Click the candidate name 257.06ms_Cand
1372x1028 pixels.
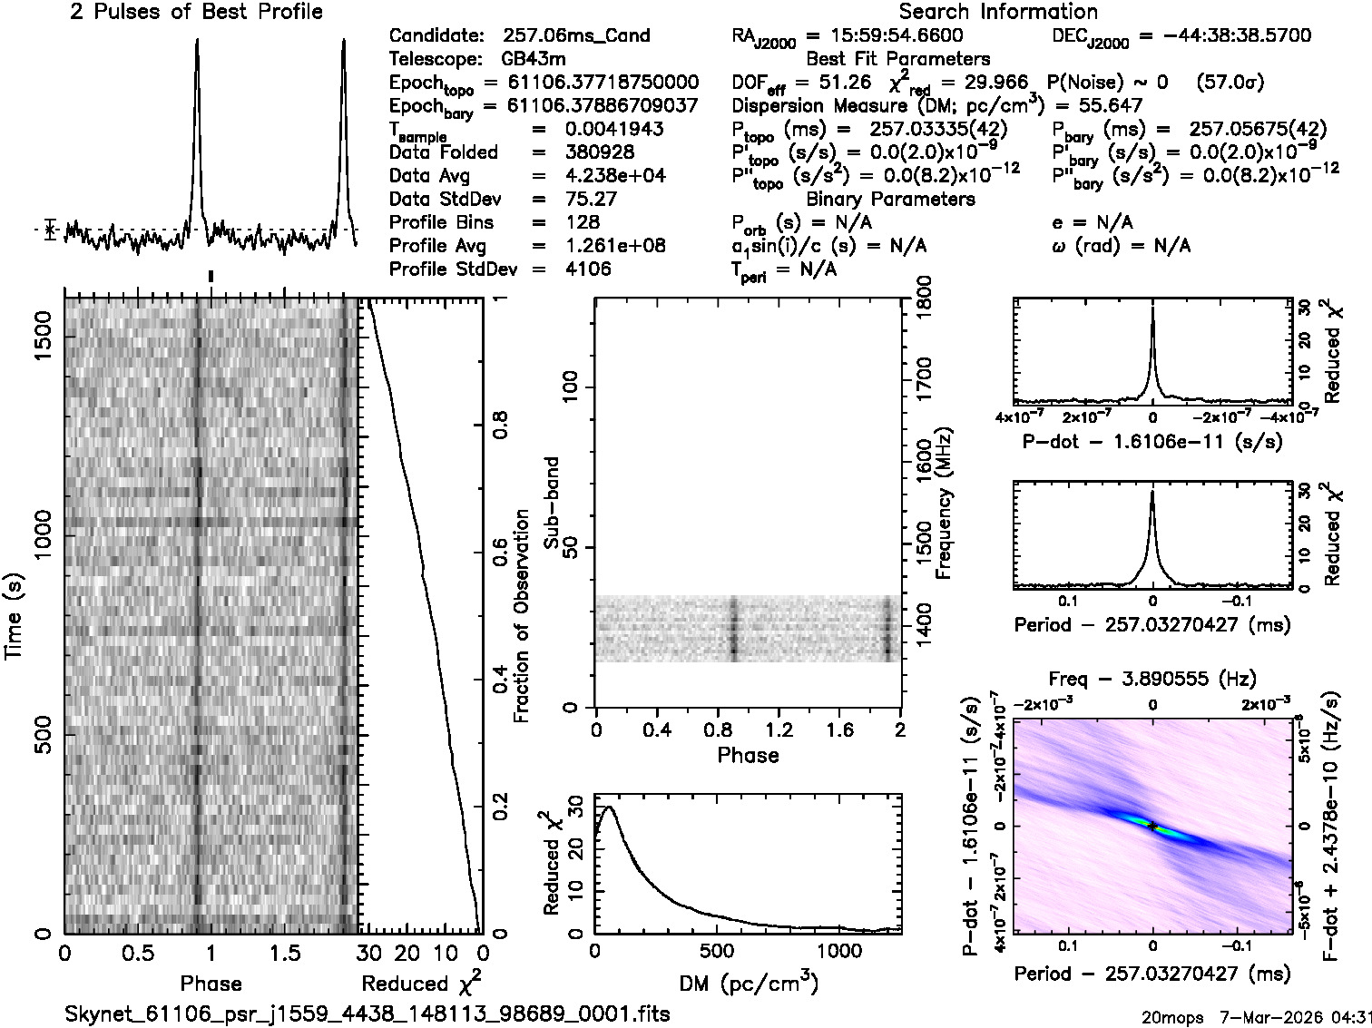pos(575,35)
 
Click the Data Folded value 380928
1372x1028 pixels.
pos(600,152)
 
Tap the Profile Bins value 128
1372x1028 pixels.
pos(582,222)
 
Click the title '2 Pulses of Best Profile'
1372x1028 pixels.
pos(196,12)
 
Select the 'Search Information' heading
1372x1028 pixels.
pos(998,12)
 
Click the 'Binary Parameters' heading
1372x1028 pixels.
pos(890,199)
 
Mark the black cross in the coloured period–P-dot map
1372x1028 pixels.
pos(1152,827)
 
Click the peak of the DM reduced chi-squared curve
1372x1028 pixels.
pos(608,807)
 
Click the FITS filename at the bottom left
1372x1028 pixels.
pos(367,1013)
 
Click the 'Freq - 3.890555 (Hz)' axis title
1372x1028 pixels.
pos(1152,679)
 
